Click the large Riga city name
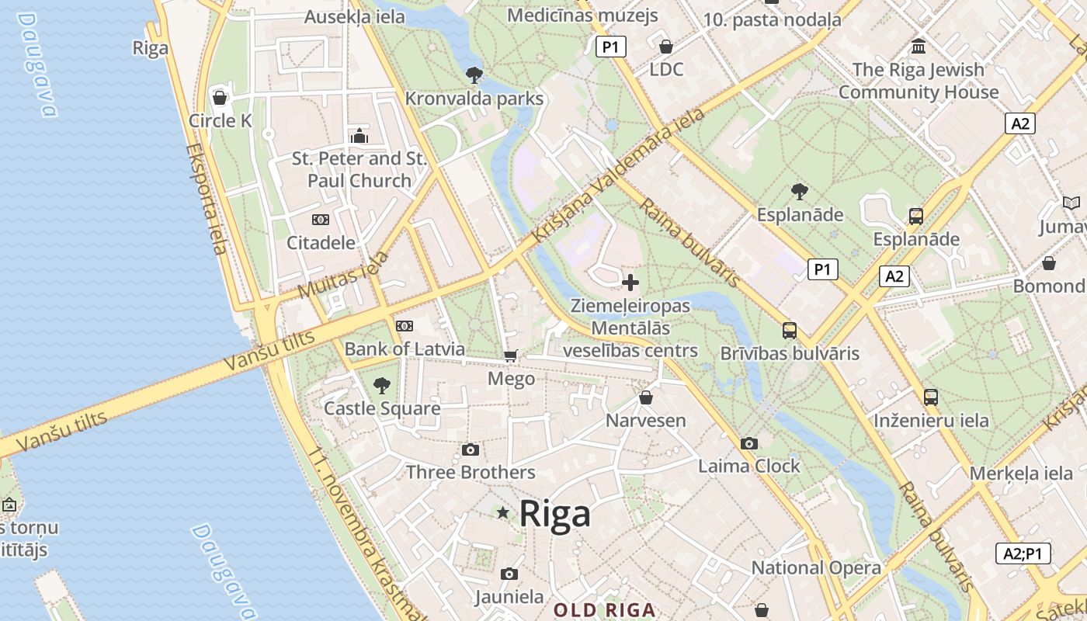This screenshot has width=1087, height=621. pyautogui.click(x=554, y=513)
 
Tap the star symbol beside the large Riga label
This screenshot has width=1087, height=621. pyautogui.click(x=503, y=512)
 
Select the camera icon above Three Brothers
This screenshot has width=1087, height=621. pyautogui.click(x=470, y=449)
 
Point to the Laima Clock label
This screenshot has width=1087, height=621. pyautogui.click(x=748, y=466)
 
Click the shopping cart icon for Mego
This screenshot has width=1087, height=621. pyautogui.click(x=510, y=356)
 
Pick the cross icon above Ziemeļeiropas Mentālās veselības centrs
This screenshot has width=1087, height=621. pyautogui.click(x=630, y=282)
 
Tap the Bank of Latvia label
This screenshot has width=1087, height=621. pyautogui.click(x=405, y=349)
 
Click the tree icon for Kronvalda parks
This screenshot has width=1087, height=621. pyautogui.click(x=474, y=75)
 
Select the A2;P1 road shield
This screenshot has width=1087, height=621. pyautogui.click(x=1023, y=553)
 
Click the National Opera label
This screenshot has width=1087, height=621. pyautogui.click(x=816, y=567)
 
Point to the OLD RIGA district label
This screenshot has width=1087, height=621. pyautogui.click(x=605, y=610)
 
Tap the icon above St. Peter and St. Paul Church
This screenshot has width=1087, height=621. pyautogui.click(x=359, y=137)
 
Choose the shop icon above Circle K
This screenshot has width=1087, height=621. pyautogui.click(x=220, y=98)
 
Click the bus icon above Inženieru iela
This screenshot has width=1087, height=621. pyautogui.click(x=930, y=397)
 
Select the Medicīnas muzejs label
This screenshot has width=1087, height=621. pyautogui.click(x=582, y=15)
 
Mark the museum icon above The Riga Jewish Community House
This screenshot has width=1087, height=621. pyautogui.click(x=919, y=47)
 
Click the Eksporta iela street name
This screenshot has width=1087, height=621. pyautogui.click(x=207, y=199)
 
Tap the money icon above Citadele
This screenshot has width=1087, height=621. pyautogui.click(x=320, y=220)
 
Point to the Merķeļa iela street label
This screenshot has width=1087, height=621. pyautogui.click(x=1021, y=473)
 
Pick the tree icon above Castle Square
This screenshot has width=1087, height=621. pyautogui.click(x=381, y=385)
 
